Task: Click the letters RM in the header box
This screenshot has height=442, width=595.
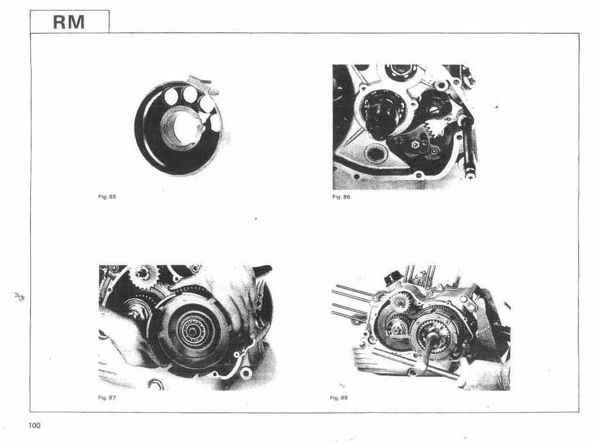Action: click(x=68, y=22)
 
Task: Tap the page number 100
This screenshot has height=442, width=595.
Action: click(x=34, y=425)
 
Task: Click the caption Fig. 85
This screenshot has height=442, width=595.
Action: click(x=107, y=197)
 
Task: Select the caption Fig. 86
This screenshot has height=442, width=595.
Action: click(x=341, y=197)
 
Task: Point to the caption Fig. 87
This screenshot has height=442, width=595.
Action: click(x=107, y=397)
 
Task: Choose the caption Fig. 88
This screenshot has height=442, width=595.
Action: click(x=339, y=397)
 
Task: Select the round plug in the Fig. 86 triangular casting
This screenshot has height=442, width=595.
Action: click(x=374, y=153)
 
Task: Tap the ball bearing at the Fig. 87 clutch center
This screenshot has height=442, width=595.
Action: click(x=193, y=331)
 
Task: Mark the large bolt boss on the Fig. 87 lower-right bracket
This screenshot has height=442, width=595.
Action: click(x=246, y=374)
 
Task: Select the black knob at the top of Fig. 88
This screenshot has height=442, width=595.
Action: click(x=392, y=279)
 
